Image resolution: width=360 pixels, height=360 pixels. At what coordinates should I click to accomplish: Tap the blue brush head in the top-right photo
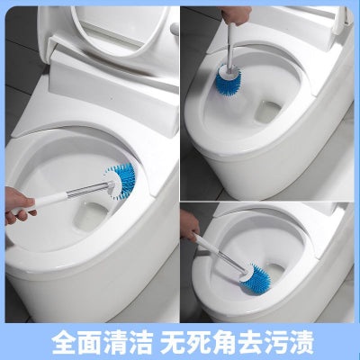[x=229, y=85]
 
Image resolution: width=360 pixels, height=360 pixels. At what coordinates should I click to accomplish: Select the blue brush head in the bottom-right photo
[x=257, y=280]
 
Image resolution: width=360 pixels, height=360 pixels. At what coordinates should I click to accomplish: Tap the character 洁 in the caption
[x=140, y=342]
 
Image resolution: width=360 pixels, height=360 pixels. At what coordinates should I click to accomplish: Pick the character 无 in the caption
[x=173, y=342]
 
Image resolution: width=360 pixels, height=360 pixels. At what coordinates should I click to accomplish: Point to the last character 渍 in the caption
[x=301, y=342]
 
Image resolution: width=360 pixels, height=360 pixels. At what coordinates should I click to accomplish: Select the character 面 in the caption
[x=89, y=342]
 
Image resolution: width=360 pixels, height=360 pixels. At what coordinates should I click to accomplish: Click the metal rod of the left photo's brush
[x=85, y=190]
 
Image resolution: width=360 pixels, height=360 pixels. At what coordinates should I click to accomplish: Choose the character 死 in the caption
[x=198, y=342]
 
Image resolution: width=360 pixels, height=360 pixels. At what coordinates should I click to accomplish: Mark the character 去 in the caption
[x=249, y=342]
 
